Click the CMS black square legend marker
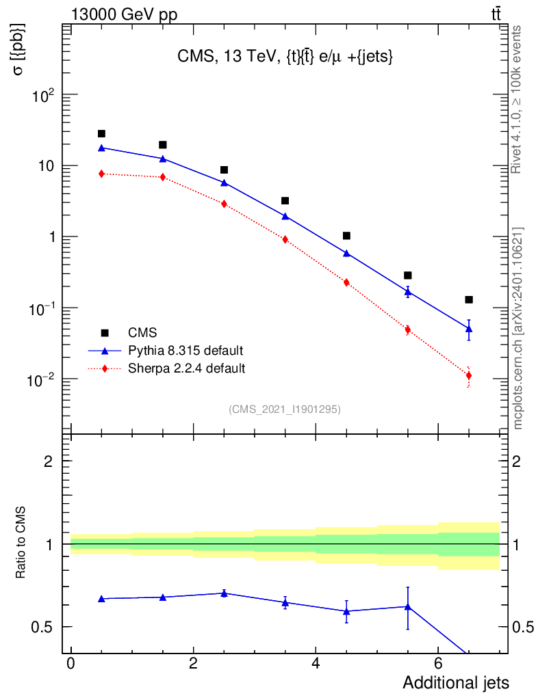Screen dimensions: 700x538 tap(105, 333)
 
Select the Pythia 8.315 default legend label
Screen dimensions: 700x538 tap(185, 351)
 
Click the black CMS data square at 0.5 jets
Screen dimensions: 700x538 tap(101, 134)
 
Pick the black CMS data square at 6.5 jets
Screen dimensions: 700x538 tap(469, 300)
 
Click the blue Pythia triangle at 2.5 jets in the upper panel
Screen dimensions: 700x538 tap(224, 183)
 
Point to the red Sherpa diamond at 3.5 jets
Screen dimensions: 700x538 tap(285, 239)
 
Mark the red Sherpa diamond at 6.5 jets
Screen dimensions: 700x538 tap(469, 375)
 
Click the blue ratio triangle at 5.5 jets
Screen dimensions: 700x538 tap(408, 606)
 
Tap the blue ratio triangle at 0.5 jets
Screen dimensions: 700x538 tap(101, 599)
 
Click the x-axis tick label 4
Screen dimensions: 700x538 tap(316, 664)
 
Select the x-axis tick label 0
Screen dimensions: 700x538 tap(71, 664)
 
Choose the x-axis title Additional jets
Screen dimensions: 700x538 tap(455, 683)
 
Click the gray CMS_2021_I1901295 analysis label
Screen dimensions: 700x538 tap(285, 409)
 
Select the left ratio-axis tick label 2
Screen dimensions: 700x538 tap(48, 461)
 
